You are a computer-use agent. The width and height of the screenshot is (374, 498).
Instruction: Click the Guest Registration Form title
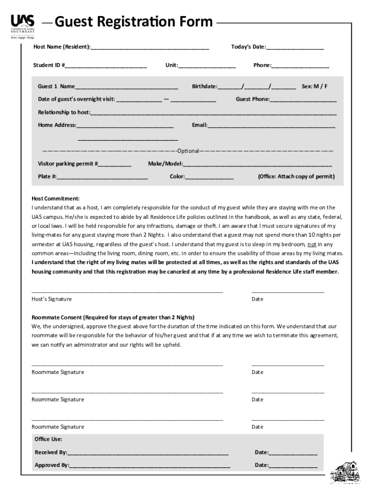pos(134,22)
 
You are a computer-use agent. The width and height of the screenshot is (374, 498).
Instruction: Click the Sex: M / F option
pos(314,87)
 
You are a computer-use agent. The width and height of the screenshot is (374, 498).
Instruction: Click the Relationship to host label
pos(64,112)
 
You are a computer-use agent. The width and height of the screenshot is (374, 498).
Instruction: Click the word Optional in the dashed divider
pos(188,151)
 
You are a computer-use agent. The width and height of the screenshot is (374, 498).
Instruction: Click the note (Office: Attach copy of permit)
pos(296,177)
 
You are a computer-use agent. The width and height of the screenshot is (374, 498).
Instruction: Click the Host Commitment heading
pos(55,199)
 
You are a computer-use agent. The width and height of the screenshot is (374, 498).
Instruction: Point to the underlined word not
pos(312,244)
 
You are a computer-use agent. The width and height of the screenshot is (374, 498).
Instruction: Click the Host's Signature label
pos(51,299)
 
